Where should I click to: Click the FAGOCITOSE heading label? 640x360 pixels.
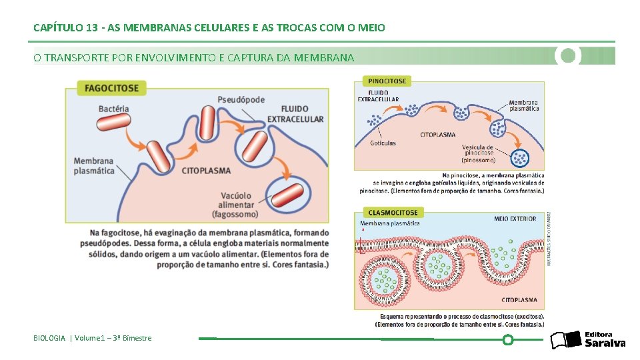pos(111,87)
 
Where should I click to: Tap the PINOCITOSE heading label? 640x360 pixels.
pos(387,81)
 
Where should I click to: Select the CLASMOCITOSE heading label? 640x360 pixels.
pos(393,212)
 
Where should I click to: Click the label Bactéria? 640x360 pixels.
pos(113,109)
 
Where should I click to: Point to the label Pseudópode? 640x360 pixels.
pos(241,99)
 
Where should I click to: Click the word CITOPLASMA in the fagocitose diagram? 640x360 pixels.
pos(206,170)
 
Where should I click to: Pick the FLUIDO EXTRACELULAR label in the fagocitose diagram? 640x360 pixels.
pos(295,114)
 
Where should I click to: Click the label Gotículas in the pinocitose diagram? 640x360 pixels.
pos(383,143)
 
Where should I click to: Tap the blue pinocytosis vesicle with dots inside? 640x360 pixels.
pos(521,158)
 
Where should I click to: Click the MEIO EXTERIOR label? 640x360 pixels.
pos(515,219)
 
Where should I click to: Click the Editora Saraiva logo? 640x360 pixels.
pos(587,339)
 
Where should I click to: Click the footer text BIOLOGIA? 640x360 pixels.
pos(49,338)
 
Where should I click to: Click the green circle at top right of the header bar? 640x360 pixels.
pos(568,55)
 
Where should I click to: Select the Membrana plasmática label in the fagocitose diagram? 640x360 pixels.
pos(94,165)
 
